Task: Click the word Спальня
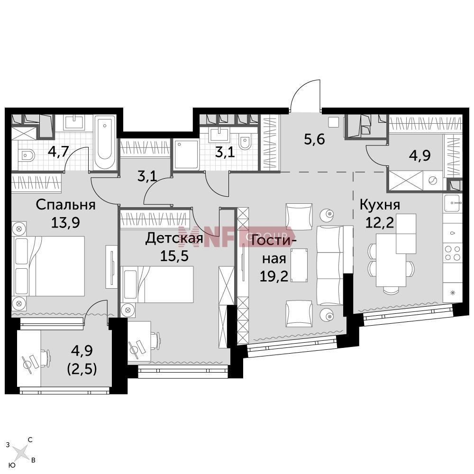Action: tap(65, 205)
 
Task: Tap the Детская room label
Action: tap(174, 238)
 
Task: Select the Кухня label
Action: tap(380, 205)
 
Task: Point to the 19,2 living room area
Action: tap(274, 276)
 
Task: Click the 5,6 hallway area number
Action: tap(314, 139)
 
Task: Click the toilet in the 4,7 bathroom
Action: tap(26, 156)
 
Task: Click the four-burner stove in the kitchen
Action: tap(453, 253)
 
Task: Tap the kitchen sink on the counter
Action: tap(453, 203)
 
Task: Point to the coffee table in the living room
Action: tap(299, 265)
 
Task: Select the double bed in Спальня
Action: tap(49, 266)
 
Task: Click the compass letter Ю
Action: tap(12, 465)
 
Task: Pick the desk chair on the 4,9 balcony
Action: tap(45, 358)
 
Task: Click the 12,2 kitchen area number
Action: tap(380, 223)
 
